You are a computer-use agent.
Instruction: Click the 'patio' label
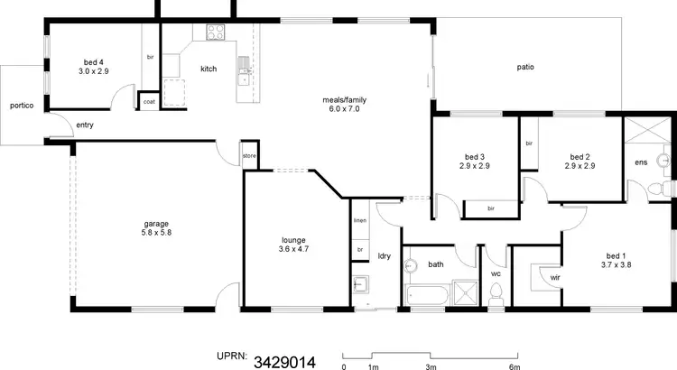(x=525, y=66)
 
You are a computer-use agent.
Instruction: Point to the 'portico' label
(x=22, y=106)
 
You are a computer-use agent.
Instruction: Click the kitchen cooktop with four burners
(x=216, y=33)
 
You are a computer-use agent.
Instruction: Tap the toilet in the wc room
(x=496, y=294)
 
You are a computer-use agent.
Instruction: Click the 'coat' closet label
(x=149, y=102)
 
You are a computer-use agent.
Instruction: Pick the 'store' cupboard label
(x=249, y=156)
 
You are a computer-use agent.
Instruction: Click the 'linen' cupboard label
(x=359, y=220)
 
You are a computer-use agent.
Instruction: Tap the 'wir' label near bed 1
(x=554, y=278)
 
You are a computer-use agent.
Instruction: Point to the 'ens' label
(x=641, y=162)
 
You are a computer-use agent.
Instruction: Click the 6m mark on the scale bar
(x=515, y=366)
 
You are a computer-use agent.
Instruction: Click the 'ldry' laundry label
(x=383, y=254)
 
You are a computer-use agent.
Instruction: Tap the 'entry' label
(x=85, y=125)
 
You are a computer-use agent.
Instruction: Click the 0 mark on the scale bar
(x=344, y=366)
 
